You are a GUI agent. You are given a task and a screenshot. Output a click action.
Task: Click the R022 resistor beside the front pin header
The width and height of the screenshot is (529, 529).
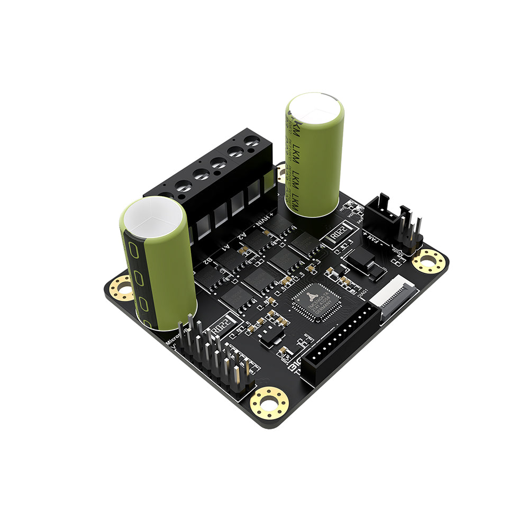coord(223,325)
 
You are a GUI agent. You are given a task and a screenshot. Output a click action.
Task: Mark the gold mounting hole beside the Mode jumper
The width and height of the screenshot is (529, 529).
coord(428,261)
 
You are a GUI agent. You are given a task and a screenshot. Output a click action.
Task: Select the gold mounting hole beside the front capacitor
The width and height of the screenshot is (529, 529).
coord(122,288)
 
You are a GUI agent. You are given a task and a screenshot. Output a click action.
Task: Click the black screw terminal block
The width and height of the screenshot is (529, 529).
coord(212,180)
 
